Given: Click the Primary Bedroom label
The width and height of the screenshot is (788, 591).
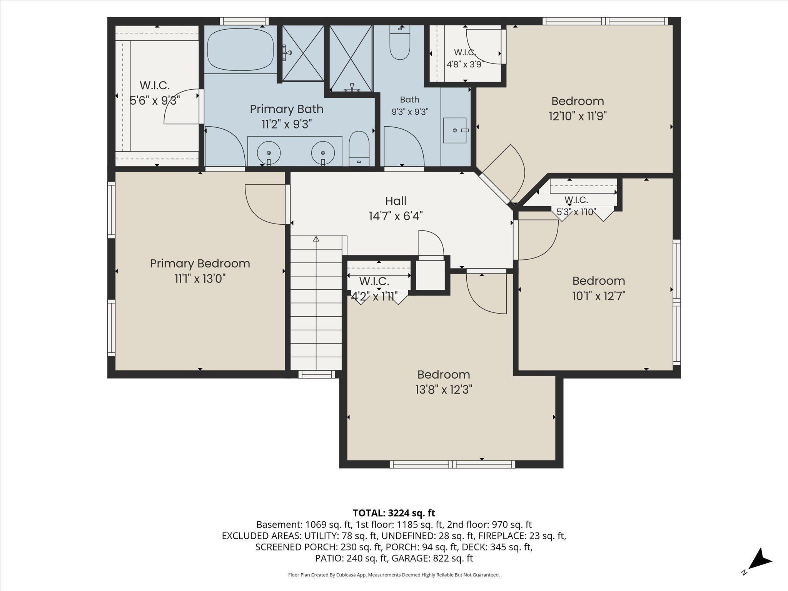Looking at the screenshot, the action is pyautogui.click(x=200, y=264).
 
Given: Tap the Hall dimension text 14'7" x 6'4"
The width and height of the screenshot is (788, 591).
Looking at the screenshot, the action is pyautogui.click(x=396, y=216).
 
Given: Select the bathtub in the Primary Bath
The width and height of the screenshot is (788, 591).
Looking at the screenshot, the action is pyautogui.click(x=241, y=49).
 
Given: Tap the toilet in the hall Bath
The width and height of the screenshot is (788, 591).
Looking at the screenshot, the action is pyautogui.click(x=400, y=42).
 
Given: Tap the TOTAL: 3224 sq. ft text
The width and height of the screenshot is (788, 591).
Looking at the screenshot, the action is pyautogui.click(x=394, y=513).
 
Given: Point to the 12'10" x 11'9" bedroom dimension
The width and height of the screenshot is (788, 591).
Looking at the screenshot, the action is pyautogui.click(x=578, y=116).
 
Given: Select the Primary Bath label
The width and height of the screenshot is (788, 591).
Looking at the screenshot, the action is pyautogui.click(x=287, y=109).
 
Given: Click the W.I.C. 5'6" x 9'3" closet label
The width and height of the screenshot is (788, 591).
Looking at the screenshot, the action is pyautogui.click(x=155, y=93).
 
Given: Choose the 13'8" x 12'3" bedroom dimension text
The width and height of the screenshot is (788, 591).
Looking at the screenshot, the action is pyautogui.click(x=444, y=390).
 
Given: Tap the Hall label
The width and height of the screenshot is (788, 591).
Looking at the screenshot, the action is pyautogui.click(x=396, y=201).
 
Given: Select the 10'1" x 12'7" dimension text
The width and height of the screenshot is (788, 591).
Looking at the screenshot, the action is pyautogui.click(x=599, y=296).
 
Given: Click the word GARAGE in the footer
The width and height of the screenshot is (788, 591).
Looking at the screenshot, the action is pyautogui.click(x=409, y=558).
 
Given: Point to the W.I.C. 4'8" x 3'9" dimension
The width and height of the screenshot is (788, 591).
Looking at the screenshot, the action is pyautogui.click(x=465, y=64).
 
